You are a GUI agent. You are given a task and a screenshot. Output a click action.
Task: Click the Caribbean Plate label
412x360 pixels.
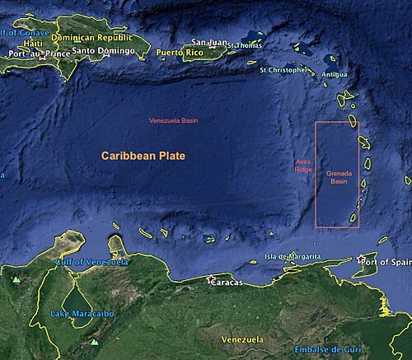pos(143,156)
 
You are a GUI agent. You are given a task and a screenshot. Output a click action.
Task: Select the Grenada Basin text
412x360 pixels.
pos(338,178)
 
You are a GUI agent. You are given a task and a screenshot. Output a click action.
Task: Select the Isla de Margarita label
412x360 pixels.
pos(293,257)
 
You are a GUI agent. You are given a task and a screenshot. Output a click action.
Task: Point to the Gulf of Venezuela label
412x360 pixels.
pos(92,262)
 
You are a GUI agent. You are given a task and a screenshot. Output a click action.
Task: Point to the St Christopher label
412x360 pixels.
pos(286,70)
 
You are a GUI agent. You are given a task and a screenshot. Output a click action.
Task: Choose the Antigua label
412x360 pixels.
pos(335,74)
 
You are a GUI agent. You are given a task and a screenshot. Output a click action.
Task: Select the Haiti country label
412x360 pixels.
pos(33,43)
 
